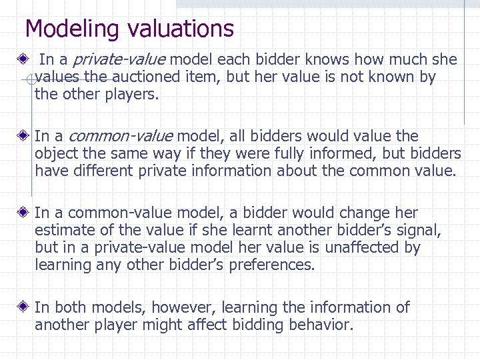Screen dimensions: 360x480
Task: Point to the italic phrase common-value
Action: click(x=121, y=137)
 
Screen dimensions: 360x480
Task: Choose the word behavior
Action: click(x=319, y=325)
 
